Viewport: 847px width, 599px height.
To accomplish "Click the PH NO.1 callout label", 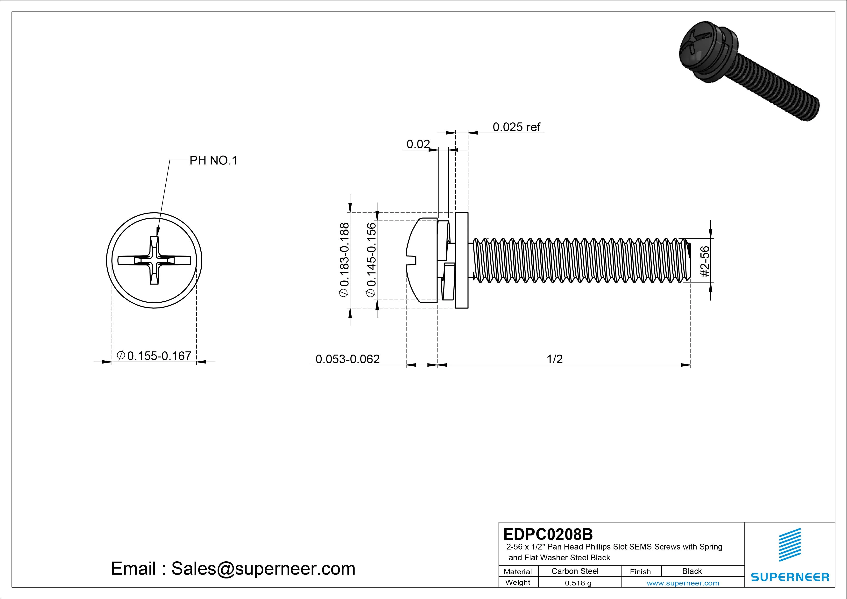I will coord(213,161).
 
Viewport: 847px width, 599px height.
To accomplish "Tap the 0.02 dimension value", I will coord(418,144).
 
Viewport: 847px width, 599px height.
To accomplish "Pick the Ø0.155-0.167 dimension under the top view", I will coord(154,356).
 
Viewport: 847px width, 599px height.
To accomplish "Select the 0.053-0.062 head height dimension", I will coord(347,359).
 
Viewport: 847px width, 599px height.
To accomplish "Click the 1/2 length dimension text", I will coord(554,359).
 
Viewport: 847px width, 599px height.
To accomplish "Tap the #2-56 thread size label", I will coord(705,261).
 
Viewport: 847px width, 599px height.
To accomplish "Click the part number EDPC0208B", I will coord(548,534).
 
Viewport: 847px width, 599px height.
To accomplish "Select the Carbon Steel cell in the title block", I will coord(575,571).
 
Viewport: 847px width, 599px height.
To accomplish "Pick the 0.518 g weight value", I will coord(578,583).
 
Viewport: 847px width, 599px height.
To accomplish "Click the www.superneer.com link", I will coord(683,583).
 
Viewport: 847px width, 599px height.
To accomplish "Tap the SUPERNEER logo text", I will coord(790,577).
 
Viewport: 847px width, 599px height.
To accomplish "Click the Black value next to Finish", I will coord(692,571).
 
